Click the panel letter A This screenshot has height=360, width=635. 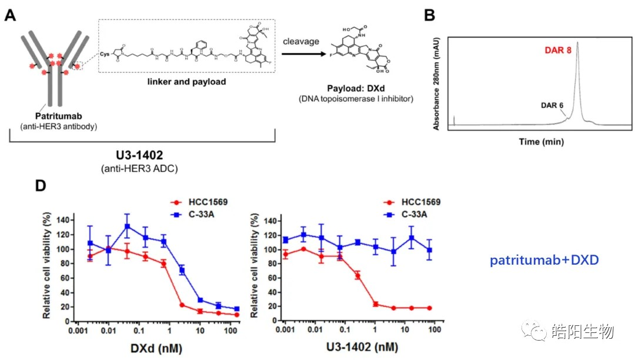10,15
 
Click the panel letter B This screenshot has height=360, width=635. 430,15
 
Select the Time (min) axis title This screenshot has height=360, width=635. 542,141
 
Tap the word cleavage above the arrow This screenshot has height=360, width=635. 300,42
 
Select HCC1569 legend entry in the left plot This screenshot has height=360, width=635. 209,202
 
